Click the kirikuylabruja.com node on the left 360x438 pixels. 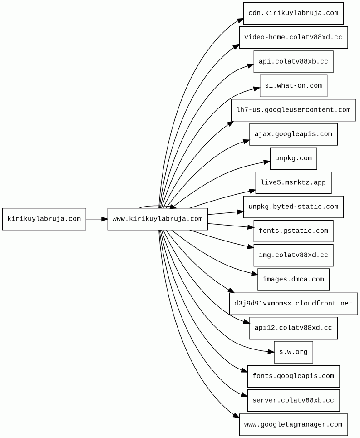point(44,219)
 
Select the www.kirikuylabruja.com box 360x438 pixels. point(158,219)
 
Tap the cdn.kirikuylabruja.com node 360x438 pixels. point(293,13)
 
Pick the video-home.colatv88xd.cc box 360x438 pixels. point(293,37)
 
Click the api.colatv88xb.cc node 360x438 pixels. point(293,62)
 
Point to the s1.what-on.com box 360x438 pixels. point(293,86)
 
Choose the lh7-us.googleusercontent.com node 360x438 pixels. point(293,110)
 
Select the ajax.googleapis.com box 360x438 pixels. point(293,134)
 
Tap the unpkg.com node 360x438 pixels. point(293,158)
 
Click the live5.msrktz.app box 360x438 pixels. point(293,182)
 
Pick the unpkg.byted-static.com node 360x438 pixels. point(293,207)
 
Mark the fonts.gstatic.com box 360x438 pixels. point(293,231)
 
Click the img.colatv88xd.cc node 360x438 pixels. point(293,255)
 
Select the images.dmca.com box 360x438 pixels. point(293,280)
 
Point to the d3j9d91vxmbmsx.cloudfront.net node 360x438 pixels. point(293,304)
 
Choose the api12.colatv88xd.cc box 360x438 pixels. point(293,328)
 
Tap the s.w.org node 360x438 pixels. point(293,352)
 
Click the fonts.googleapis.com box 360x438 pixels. point(293,376)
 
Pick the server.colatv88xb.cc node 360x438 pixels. point(293,400)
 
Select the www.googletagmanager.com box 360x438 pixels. point(293,425)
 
